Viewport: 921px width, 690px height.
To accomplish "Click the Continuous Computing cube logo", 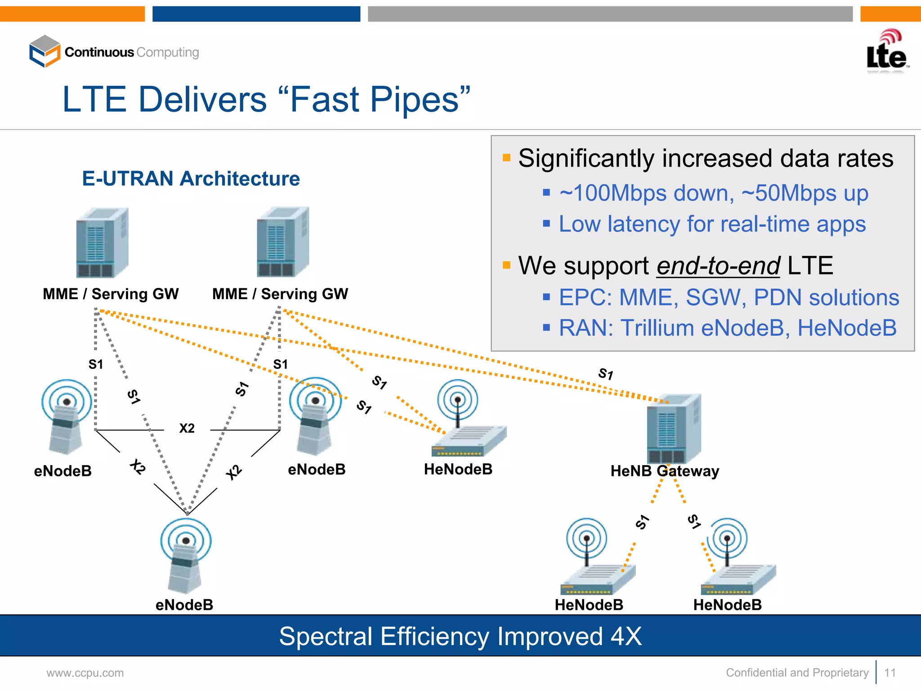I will coord(45,51).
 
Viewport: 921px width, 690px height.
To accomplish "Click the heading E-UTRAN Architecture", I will coord(191,179).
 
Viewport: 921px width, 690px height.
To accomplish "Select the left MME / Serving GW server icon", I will coord(102,242).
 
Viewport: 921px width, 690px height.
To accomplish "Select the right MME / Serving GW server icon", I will coord(283,242).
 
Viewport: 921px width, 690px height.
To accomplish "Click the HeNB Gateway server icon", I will coord(674,428).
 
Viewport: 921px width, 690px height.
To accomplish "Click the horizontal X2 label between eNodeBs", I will coord(187,428).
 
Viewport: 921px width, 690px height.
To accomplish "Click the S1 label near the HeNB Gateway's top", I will coord(606,374).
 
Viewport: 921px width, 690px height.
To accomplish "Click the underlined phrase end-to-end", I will coord(718,265).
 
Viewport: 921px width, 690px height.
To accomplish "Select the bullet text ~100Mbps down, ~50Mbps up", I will coord(714,193).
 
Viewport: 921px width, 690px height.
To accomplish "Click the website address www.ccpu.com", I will coord(85,673).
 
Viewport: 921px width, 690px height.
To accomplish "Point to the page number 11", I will coord(890,673).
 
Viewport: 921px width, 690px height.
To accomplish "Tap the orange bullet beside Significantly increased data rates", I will coord(506,158).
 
